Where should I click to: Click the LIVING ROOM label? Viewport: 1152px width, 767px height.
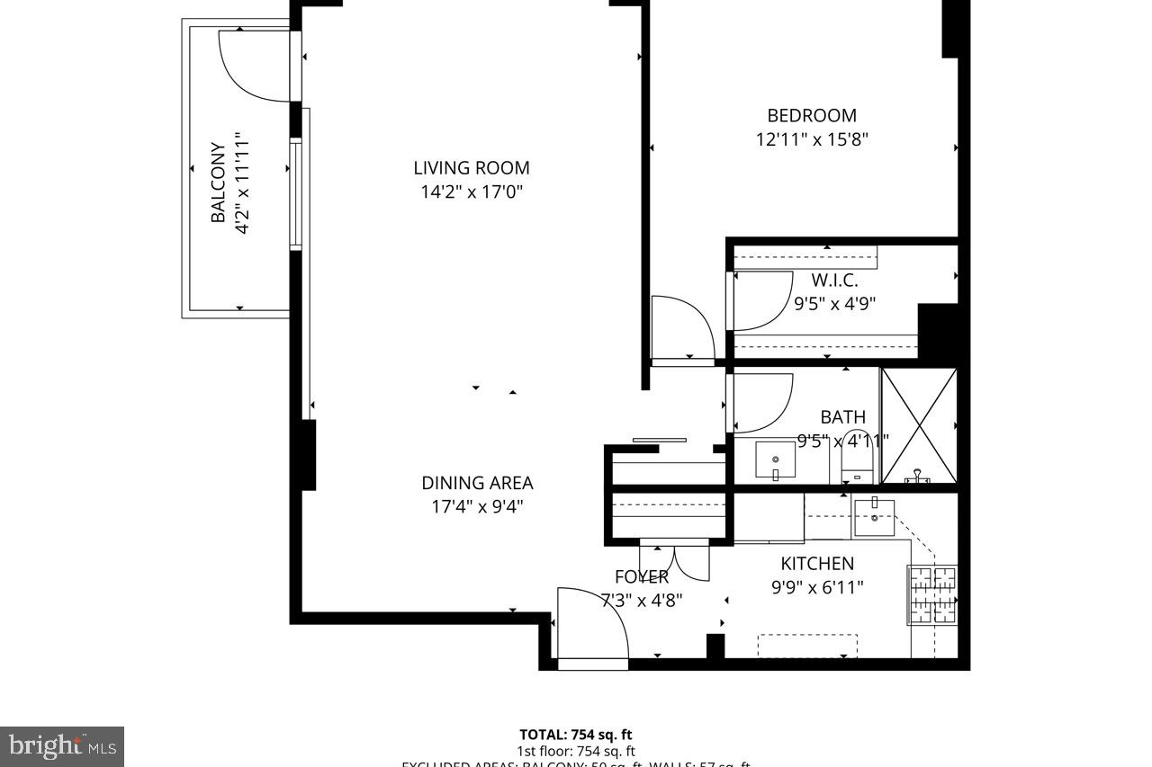471,167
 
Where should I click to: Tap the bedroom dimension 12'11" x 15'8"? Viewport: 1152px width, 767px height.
812,139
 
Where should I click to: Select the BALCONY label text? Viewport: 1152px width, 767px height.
218,183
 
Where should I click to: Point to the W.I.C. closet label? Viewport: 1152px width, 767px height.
834,280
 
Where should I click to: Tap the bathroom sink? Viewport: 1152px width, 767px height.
775,462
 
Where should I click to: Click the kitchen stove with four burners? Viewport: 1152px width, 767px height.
932,594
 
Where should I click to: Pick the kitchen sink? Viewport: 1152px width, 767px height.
874,518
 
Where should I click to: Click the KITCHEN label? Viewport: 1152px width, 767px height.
816,564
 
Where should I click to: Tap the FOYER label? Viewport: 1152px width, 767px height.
641,576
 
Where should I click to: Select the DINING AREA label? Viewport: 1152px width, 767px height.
477,483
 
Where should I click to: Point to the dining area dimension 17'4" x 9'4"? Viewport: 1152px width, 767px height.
477,506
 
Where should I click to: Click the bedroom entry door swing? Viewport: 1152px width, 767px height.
681,327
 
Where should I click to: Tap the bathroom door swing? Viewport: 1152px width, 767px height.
760,401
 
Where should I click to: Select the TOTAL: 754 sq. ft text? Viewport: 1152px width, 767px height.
581,735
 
